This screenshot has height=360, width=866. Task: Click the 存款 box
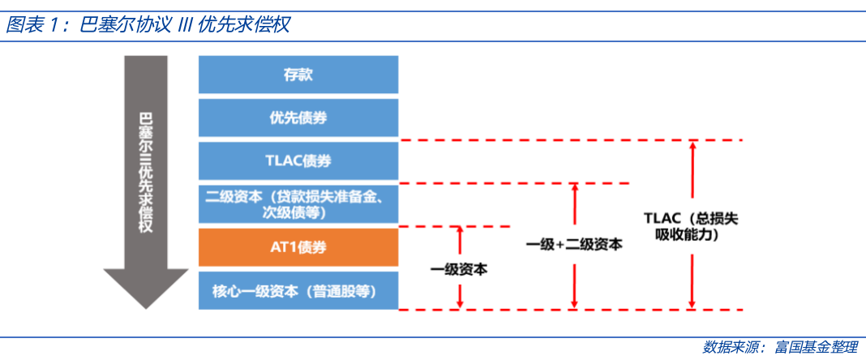(298, 75)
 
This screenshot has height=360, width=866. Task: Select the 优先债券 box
(298, 118)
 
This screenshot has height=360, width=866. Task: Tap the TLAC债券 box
(298, 161)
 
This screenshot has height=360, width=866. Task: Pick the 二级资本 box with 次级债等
(298, 204)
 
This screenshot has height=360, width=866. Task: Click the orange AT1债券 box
(298, 247)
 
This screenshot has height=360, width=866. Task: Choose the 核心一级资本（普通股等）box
(298, 290)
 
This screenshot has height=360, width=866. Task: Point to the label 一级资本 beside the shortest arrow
(460, 269)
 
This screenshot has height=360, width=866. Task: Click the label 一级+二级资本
(574, 244)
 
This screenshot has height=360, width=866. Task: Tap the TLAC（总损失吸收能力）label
(691, 226)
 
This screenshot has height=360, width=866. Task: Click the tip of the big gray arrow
(146, 309)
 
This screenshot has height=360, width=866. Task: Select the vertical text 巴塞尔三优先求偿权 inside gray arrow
(146, 172)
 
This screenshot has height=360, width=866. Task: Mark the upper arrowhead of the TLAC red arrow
(692, 145)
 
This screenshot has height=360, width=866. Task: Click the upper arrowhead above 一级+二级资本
(574, 188)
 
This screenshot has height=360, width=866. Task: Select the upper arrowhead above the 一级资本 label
(460, 231)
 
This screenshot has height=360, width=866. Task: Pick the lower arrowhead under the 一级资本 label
(460, 304)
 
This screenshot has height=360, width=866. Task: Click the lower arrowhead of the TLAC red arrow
(692, 304)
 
